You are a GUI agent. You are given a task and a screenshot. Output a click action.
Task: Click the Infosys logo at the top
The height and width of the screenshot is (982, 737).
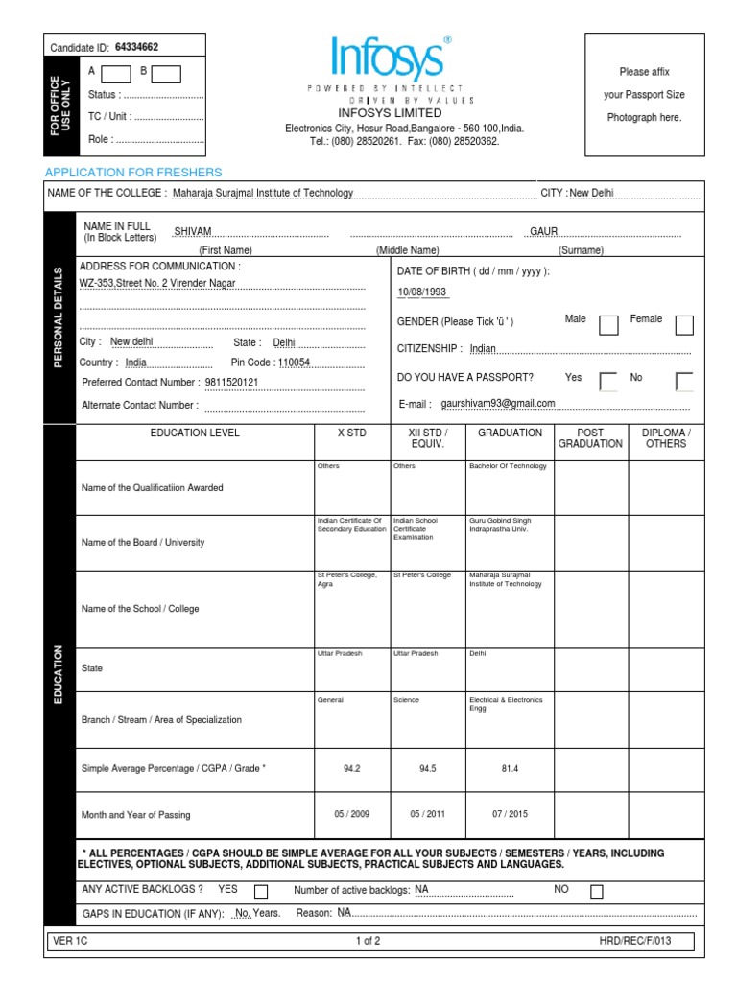pos(390,58)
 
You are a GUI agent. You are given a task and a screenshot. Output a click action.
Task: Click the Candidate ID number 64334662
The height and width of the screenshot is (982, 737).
pos(136,47)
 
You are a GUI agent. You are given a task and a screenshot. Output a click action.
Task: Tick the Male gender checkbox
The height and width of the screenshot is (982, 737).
pos(608,325)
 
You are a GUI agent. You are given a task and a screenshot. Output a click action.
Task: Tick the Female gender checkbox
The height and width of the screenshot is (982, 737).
pos(684,325)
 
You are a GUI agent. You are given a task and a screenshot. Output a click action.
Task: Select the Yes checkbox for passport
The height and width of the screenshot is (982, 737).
pos(608,382)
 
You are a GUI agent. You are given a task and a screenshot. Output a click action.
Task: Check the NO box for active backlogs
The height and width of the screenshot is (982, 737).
pos(597,892)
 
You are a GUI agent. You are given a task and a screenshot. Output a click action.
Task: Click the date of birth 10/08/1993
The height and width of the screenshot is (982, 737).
pos(422,292)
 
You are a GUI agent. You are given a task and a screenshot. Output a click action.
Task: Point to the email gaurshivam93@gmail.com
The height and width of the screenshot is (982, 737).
pos(498,404)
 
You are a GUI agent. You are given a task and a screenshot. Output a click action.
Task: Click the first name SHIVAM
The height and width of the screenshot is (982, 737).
pos(193,231)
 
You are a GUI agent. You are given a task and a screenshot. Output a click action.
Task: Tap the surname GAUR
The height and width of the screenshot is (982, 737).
pos(544,231)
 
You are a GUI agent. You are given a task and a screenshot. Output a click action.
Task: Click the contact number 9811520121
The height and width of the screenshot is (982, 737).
pos(232,383)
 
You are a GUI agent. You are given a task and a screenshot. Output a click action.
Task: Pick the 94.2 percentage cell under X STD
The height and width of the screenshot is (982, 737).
pos(351,769)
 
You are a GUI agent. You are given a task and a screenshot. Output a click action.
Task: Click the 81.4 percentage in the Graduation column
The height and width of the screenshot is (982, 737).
pos(510,769)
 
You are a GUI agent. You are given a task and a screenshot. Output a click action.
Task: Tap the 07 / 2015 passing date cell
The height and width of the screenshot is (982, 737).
pos(510,815)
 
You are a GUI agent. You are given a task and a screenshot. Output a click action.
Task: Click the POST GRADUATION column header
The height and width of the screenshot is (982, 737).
pos(590,438)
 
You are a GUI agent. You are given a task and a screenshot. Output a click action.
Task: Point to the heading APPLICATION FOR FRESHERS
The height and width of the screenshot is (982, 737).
pos(133,173)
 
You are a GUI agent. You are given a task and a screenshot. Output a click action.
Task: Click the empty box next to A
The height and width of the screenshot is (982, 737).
pos(116,73)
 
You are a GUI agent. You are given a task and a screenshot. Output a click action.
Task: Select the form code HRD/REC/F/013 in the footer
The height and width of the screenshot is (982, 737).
pos(634,941)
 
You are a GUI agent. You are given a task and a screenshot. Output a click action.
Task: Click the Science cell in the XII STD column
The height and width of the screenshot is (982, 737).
pos(406,700)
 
